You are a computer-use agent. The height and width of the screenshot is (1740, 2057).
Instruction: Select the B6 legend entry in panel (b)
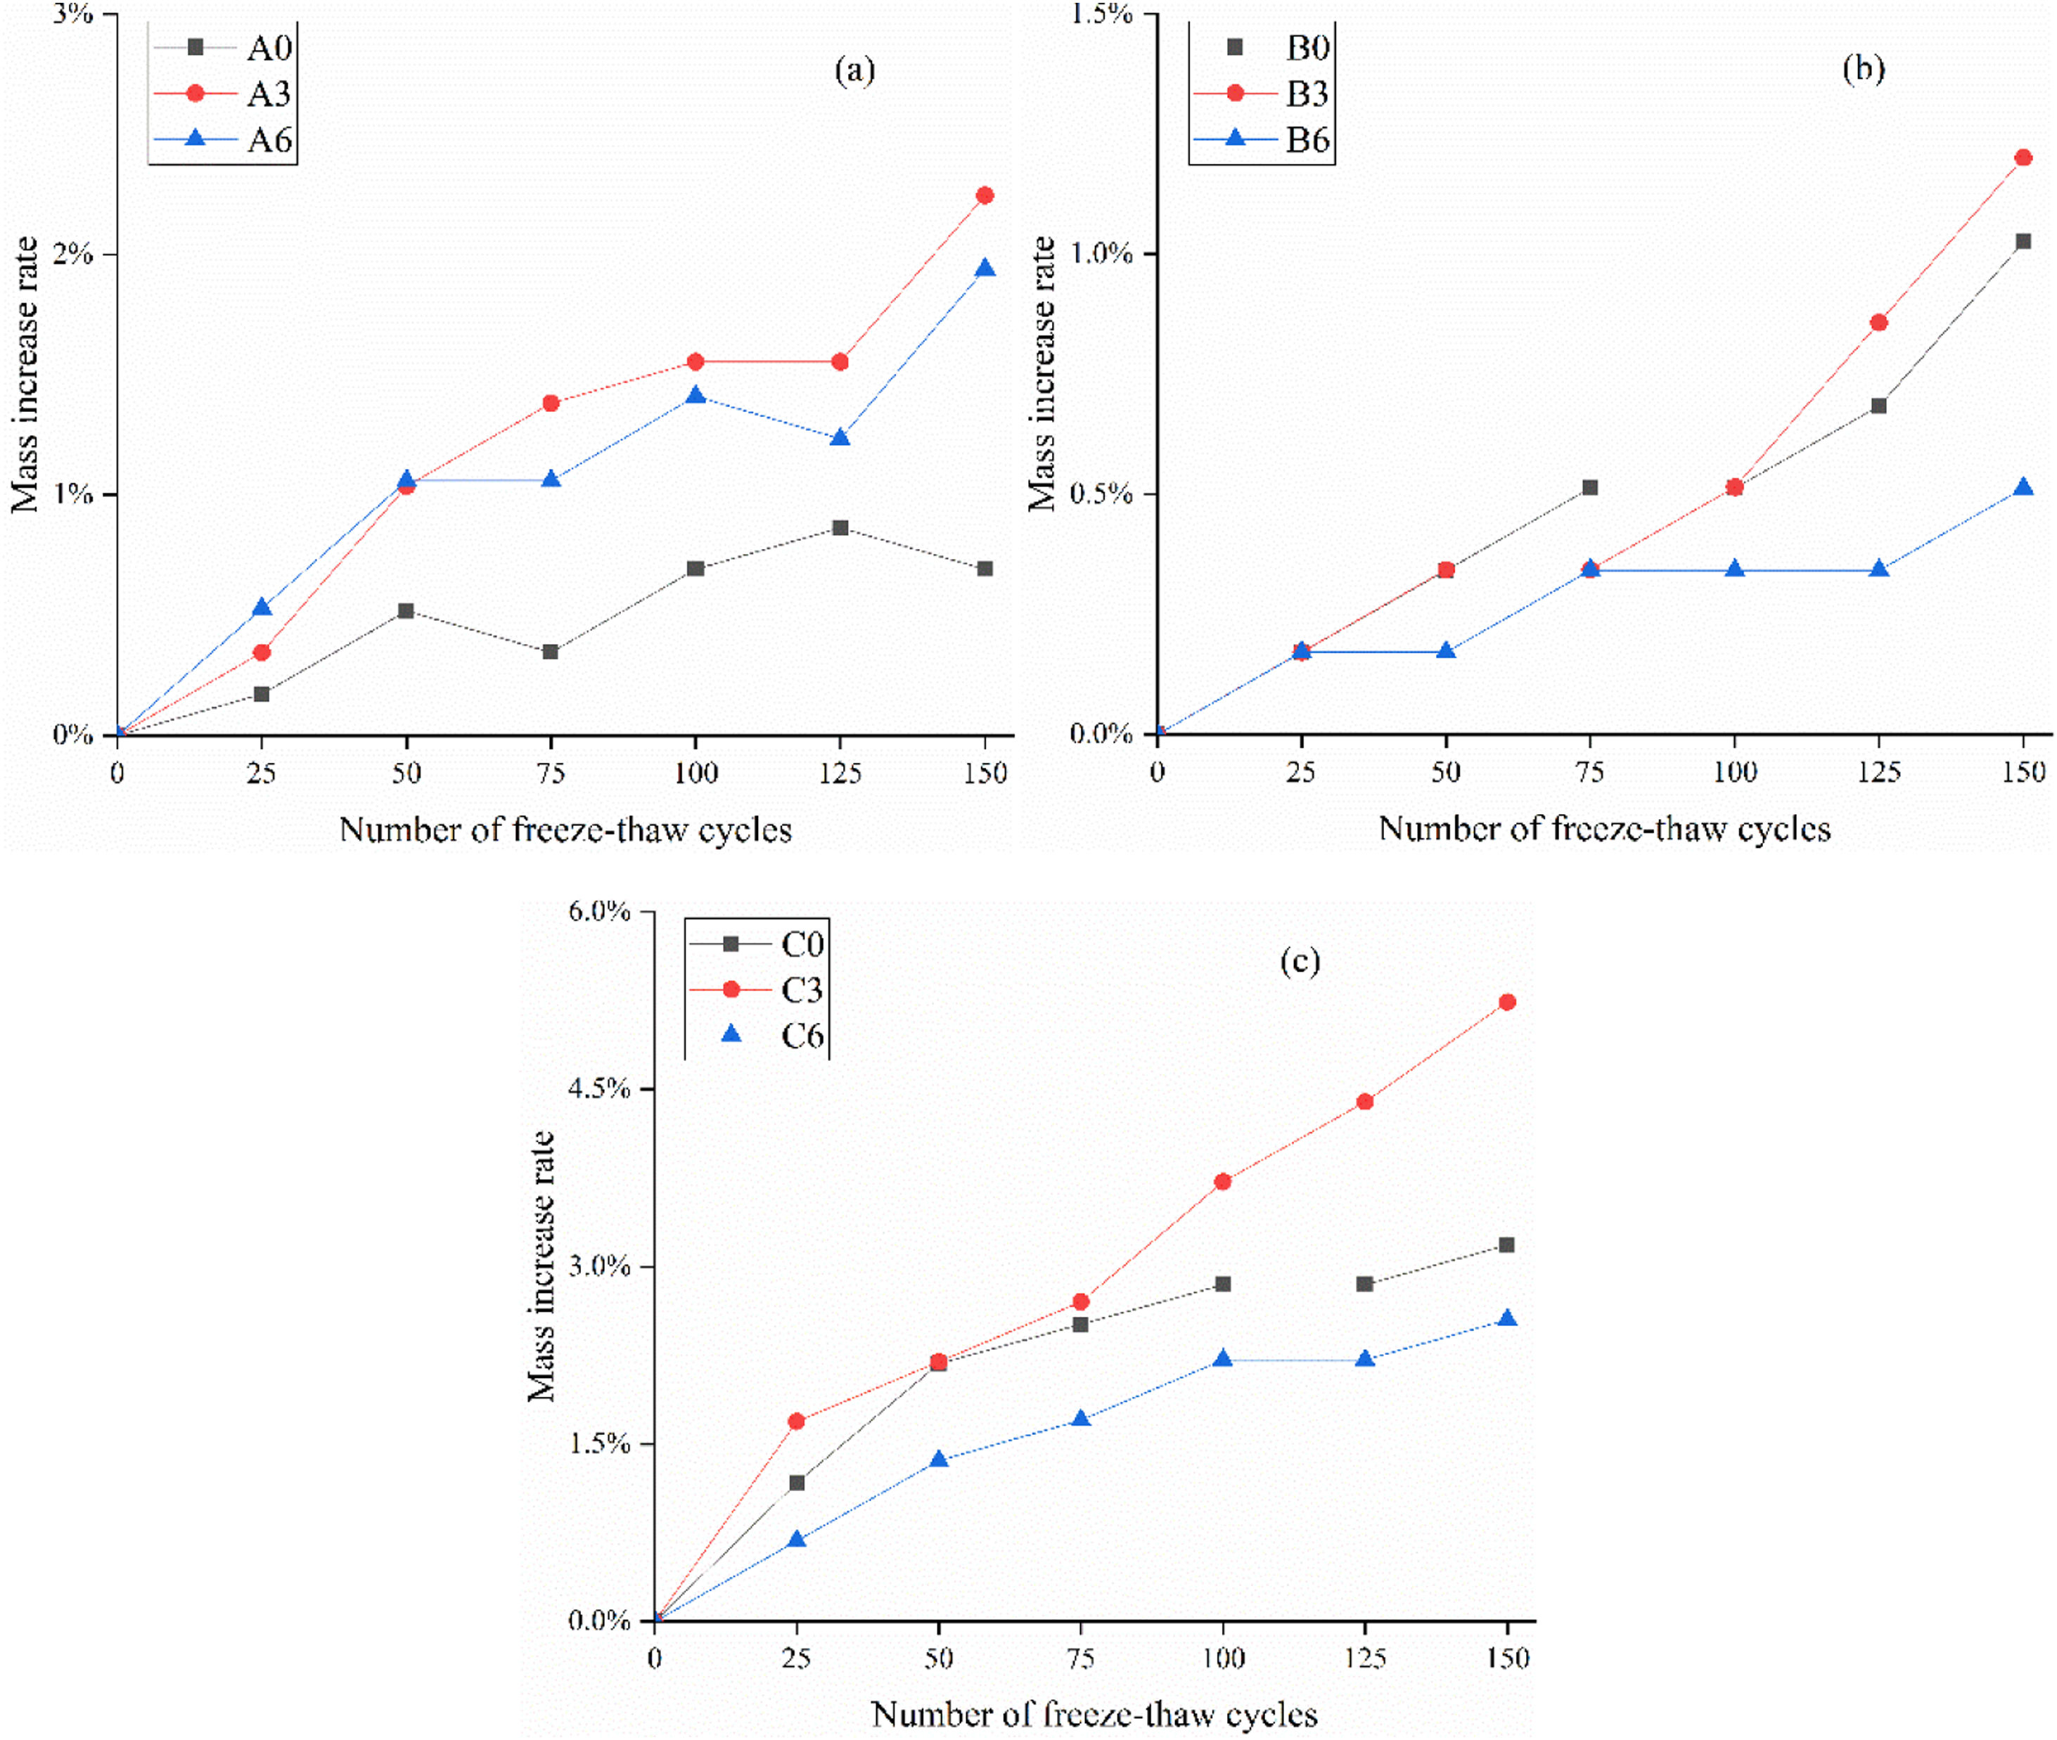tap(1263, 139)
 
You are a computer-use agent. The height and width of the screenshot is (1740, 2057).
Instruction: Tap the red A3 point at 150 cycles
tap(985, 195)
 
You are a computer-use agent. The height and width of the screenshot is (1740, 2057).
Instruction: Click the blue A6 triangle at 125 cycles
tap(840, 438)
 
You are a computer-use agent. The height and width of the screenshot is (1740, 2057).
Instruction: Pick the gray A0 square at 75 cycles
tap(551, 652)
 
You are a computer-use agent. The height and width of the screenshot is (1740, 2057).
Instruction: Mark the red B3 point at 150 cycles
tap(2023, 157)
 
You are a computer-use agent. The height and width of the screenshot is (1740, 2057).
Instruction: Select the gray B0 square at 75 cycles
tap(1590, 487)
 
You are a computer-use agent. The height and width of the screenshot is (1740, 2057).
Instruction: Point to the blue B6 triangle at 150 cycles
tap(2023, 487)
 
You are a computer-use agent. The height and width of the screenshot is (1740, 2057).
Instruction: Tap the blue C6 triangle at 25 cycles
tap(797, 1540)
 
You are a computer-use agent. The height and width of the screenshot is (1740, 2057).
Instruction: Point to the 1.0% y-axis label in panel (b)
tap(1101, 254)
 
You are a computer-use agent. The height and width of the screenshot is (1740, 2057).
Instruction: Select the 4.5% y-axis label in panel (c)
tap(599, 1088)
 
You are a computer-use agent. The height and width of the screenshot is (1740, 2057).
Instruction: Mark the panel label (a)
tap(854, 70)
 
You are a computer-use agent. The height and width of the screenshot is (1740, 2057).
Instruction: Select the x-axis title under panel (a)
tap(565, 830)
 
